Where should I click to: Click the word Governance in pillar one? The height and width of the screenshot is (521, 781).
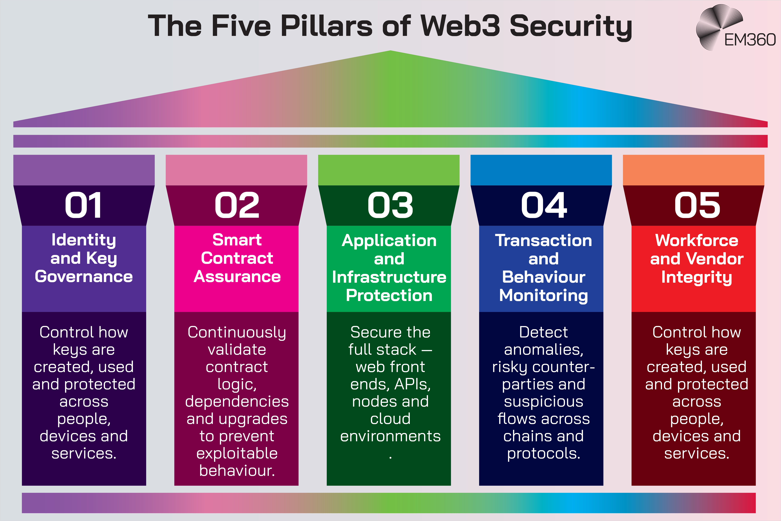click(x=84, y=276)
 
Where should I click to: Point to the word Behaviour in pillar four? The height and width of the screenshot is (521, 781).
click(x=544, y=277)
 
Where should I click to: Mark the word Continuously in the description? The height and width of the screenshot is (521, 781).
click(x=237, y=332)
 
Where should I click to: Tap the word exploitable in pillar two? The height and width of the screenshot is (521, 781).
click(x=237, y=453)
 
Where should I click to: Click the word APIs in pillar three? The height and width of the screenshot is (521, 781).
click(x=413, y=384)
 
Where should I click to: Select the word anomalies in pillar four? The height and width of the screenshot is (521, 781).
click(x=544, y=350)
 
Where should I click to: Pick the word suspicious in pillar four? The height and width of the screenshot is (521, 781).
click(x=544, y=401)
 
